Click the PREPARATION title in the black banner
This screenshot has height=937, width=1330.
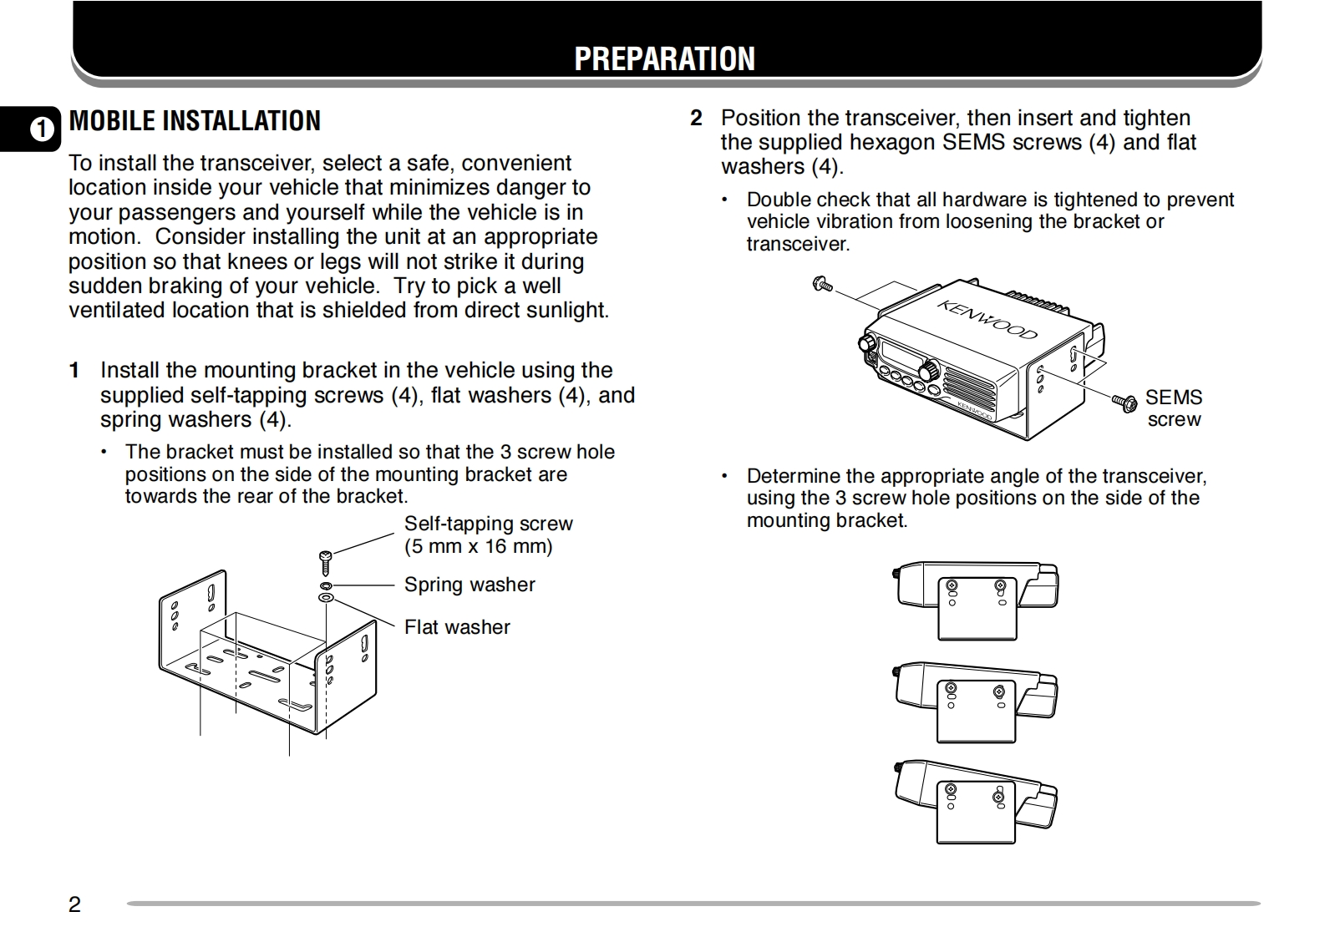664,58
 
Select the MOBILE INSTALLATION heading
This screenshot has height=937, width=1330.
195,121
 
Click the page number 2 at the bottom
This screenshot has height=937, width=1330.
74,904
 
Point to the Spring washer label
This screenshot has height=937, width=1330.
470,585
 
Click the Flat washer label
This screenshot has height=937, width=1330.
457,627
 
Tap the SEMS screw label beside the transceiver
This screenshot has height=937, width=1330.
1173,408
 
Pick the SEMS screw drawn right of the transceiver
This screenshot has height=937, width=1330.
1124,403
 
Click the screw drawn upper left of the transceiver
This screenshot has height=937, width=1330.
822,285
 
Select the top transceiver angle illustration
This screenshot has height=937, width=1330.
976,600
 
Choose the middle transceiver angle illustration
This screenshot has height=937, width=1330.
976,701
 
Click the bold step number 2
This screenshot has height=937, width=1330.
696,119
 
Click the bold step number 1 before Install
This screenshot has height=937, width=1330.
75,371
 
